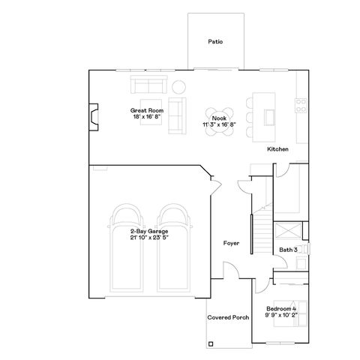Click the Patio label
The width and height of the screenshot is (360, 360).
(215, 43)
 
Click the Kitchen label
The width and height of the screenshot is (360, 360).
(278, 149)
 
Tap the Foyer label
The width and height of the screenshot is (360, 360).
(231, 243)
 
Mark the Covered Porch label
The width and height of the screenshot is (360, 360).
(229, 317)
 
